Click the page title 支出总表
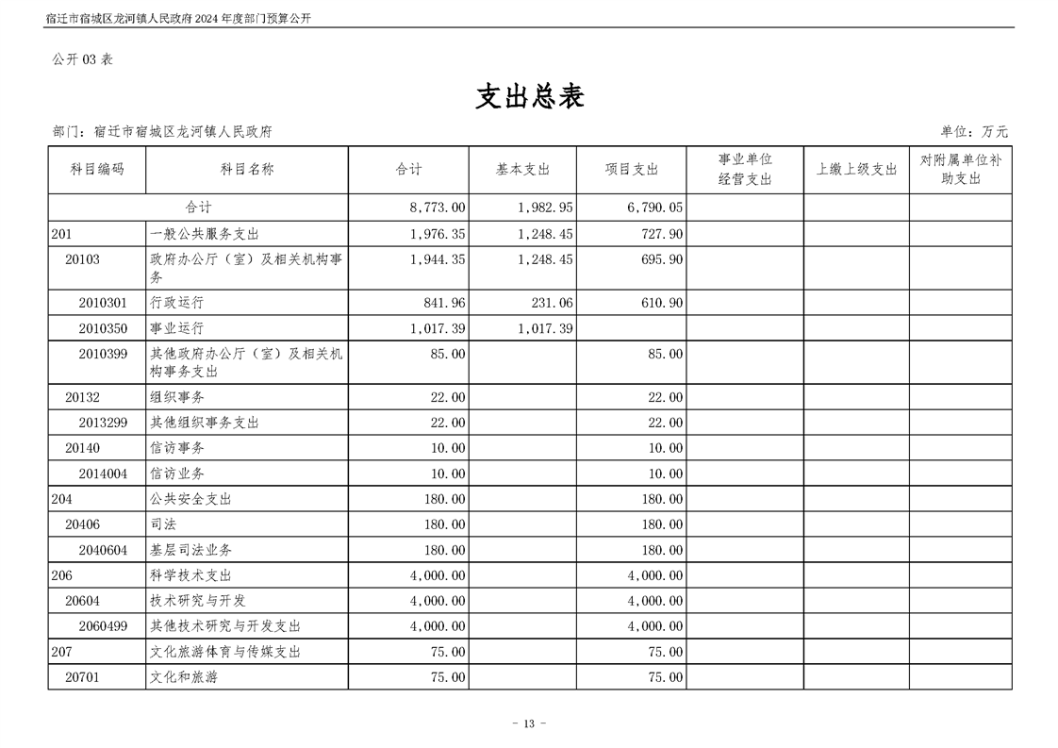click(x=529, y=96)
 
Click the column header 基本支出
click(x=522, y=170)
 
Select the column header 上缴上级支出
click(x=856, y=170)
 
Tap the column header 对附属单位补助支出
click(x=960, y=170)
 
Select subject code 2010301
click(x=103, y=303)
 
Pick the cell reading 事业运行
click(x=176, y=328)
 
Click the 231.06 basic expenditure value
click(x=546, y=303)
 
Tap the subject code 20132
click(x=82, y=397)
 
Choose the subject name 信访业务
click(x=176, y=474)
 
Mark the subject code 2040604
click(x=103, y=550)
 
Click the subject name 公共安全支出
click(x=190, y=499)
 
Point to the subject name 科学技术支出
click(x=190, y=575)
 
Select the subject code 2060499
click(x=103, y=626)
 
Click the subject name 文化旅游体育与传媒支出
click(x=224, y=652)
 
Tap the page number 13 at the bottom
click(x=528, y=723)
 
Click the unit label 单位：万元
click(x=973, y=132)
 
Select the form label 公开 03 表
click(x=82, y=58)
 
